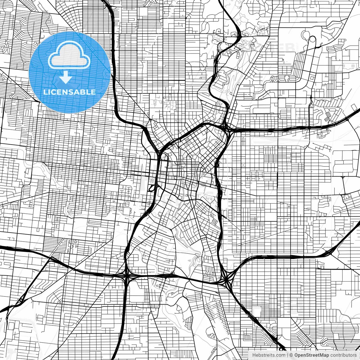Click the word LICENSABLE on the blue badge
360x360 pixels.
click(x=69, y=92)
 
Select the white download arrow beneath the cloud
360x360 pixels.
click(x=66, y=77)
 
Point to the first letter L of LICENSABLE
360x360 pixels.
click(x=45, y=92)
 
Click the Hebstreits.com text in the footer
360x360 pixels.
click(x=269, y=355)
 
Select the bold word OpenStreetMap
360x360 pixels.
click(x=311, y=355)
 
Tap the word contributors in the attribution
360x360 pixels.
click(x=343, y=355)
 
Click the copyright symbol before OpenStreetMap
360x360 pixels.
click(x=291, y=355)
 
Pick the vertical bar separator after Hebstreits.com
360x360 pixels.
click(x=287, y=355)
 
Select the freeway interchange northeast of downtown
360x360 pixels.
click(x=226, y=128)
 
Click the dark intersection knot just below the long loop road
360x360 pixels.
click(x=311, y=97)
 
